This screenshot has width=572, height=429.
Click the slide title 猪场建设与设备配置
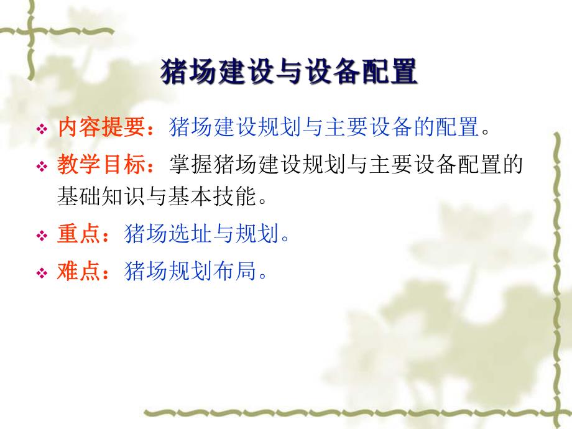coord(288,72)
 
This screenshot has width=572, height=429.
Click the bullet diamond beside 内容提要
coord(42,130)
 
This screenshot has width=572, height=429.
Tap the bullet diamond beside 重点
coord(42,236)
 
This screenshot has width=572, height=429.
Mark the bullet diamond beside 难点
coord(42,273)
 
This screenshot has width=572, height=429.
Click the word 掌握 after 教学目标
coord(190,167)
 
